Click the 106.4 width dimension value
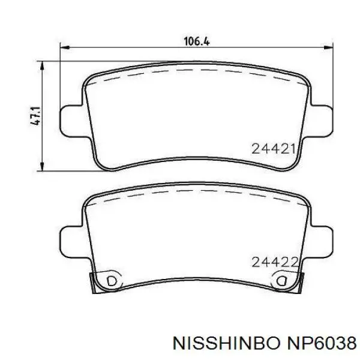click(197, 41)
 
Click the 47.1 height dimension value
click(35, 116)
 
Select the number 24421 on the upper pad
click(273, 149)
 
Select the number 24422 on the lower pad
click(275, 262)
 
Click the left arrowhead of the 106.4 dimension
click(65, 47)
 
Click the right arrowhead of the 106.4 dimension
click(328, 47)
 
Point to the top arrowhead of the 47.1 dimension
click(42, 66)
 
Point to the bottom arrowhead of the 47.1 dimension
click(42, 166)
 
